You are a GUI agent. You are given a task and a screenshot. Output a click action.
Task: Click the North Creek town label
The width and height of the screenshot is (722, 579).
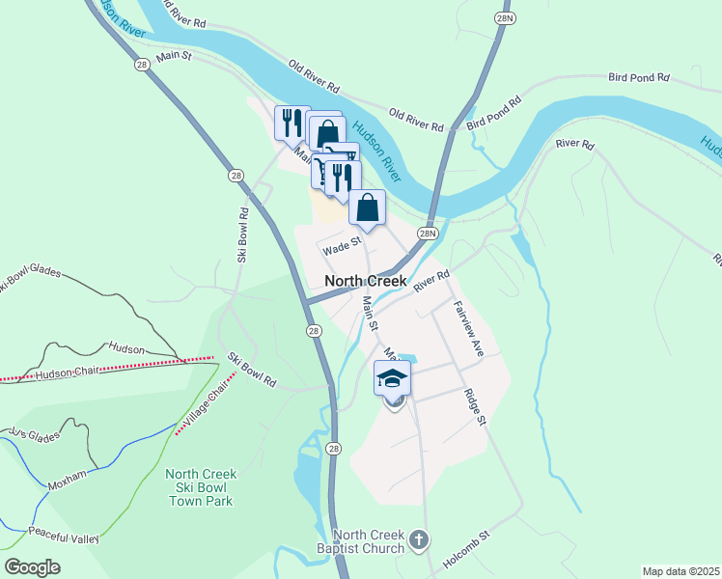pos(373,281)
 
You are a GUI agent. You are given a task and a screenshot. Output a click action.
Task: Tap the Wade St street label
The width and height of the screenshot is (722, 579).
pos(341,248)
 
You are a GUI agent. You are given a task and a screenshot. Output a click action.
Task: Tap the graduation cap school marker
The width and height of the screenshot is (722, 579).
pos(392,378)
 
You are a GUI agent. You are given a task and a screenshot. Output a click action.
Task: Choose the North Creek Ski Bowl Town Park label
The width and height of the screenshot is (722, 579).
pos(200,487)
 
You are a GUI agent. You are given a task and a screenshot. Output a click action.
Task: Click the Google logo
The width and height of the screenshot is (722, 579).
pos(32,567)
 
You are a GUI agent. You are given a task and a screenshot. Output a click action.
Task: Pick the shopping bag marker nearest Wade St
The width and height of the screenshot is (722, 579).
pos(367,207)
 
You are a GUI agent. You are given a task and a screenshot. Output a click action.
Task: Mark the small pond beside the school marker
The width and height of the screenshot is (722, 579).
pos(408,360)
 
